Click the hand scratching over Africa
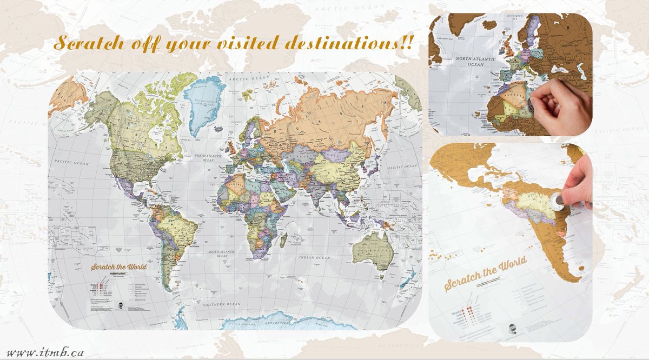click(560, 108)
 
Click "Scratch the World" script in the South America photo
click(485, 275)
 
